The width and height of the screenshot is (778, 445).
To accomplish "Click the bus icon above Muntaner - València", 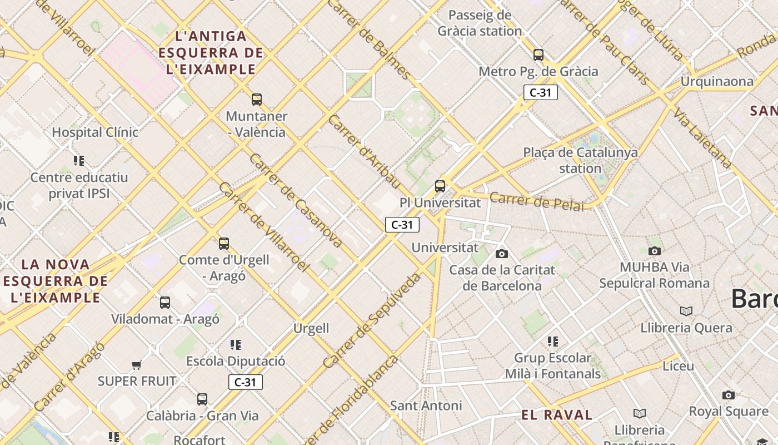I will click(x=257, y=100).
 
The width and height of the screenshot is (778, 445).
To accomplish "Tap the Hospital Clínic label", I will click(x=95, y=132).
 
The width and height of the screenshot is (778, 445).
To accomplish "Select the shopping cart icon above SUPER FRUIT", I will click(x=137, y=365).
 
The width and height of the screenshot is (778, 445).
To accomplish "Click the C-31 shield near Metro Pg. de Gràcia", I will click(x=540, y=92).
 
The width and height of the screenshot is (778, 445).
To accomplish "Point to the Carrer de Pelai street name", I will click(x=537, y=202).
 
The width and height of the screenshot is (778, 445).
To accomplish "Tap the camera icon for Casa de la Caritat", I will click(x=502, y=254).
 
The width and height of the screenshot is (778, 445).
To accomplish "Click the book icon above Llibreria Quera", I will click(x=686, y=311).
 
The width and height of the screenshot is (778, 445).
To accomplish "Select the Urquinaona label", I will click(x=717, y=82).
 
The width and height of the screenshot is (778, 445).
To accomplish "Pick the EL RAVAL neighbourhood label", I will click(x=557, y=414).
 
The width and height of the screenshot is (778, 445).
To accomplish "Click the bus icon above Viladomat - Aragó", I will click(x=165, y=303).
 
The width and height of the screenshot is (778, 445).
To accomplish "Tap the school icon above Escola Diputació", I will click(x=236, y=345).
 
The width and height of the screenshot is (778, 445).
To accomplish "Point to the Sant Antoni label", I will click(x=426, y=406).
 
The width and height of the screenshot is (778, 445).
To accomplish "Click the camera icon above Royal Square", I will click(x=729, y=395).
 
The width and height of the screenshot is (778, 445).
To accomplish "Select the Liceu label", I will click(x=678, y=366).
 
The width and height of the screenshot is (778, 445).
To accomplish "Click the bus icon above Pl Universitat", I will click(x=440, y=186).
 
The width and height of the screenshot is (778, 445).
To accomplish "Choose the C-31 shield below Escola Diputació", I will click(x=245, y=382).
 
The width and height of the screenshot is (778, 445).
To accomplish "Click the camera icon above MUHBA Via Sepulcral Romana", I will click(x=655, y=251).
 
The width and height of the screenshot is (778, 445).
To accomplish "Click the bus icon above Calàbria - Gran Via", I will click(x=202, y=399).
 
